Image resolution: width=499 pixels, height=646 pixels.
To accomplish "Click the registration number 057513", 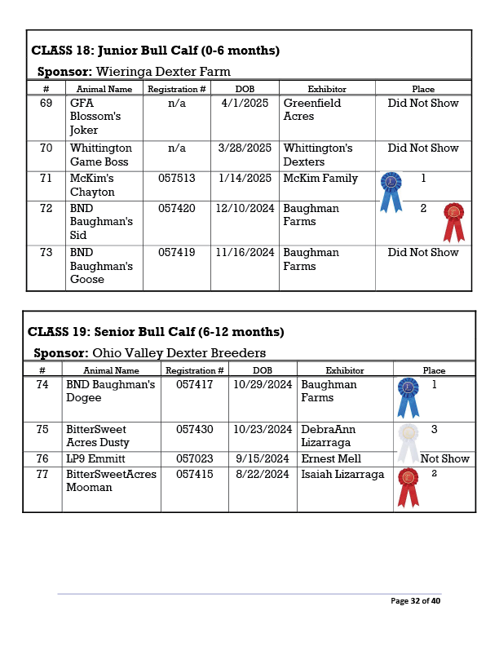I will coord(176,179).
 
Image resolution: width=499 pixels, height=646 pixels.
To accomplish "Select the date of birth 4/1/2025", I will coord(245,104).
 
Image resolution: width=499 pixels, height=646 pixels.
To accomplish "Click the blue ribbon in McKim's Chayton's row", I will coord(391,191).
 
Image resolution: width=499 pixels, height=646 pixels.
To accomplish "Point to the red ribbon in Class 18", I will coord(454,221).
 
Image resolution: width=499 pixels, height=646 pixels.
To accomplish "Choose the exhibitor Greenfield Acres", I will coord(312,110).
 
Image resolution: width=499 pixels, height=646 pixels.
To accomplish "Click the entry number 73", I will coord(46,253).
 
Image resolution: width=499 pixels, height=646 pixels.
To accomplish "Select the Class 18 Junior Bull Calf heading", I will coord(156,51).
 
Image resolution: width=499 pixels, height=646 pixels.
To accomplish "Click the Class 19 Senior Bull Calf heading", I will coord(156,332).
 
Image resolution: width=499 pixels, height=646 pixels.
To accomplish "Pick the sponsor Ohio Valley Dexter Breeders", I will coord(179,353).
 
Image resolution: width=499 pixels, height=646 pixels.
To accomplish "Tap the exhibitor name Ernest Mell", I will coord(331,458).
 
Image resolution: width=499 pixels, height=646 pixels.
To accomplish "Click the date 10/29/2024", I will coord(263,384).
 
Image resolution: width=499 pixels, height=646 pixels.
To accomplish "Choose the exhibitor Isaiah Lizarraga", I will coord(342,474).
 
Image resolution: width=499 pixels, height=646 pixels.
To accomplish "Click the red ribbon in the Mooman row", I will coord(408,487).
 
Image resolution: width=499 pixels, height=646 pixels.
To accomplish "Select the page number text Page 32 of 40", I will coord(415,601).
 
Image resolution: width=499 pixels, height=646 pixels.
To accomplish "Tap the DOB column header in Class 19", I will coord(263,370).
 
